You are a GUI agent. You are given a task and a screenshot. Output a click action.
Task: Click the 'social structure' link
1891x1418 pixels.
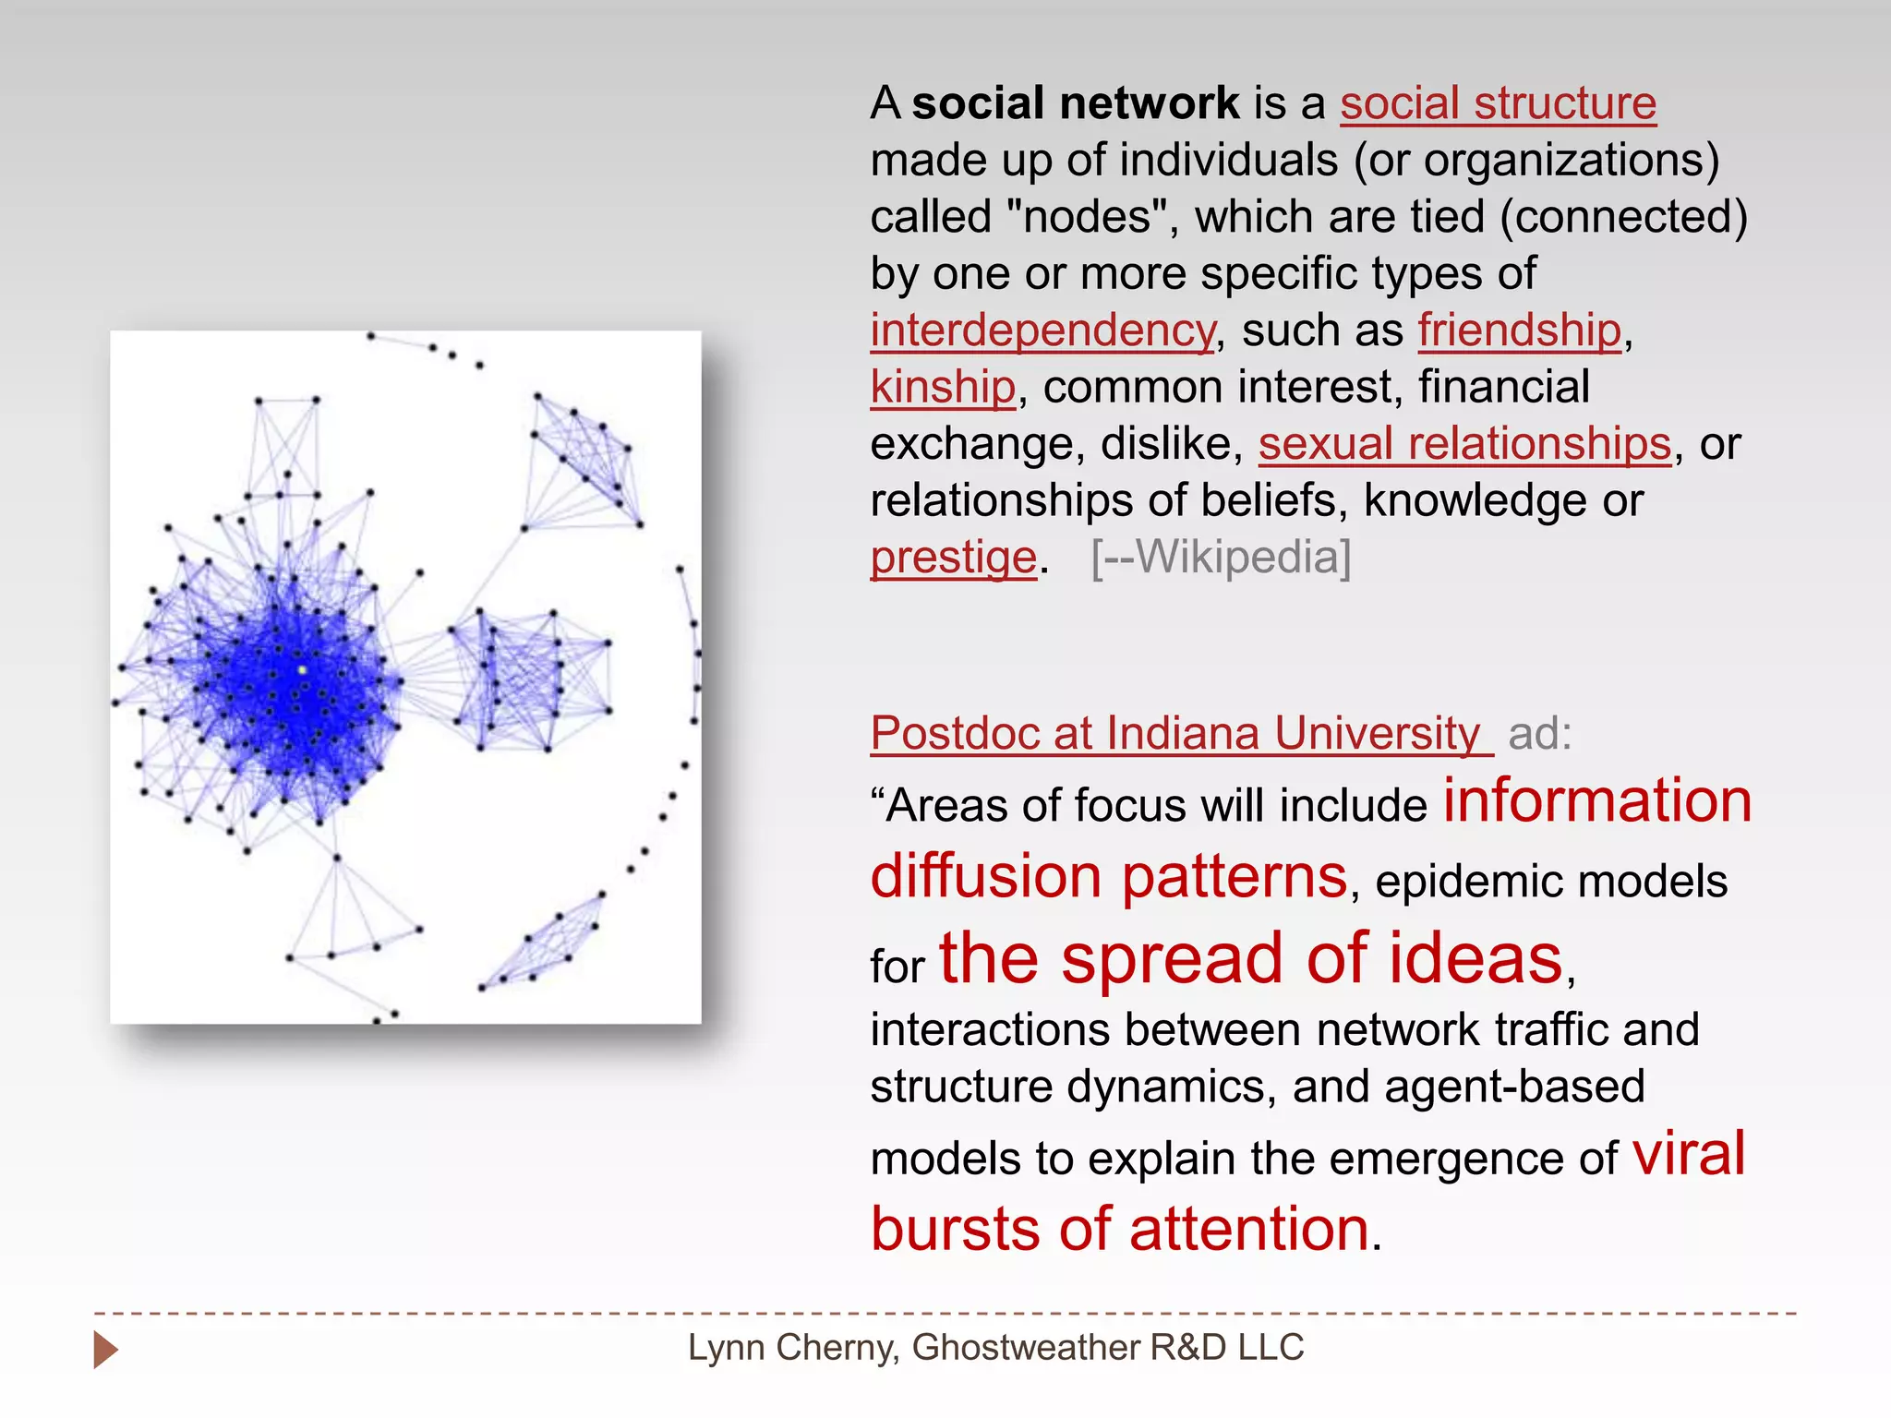click(x=1498, y=103)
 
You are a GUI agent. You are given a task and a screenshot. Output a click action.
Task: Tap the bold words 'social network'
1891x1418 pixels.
click(x=1076, y=103)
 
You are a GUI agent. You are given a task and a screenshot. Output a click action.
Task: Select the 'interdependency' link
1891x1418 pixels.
click(x=1042, y=330)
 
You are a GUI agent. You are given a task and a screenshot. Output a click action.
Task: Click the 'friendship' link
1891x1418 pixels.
click(x=1520, y=330)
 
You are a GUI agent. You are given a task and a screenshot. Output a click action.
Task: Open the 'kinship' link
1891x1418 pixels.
click(x=943, y=388)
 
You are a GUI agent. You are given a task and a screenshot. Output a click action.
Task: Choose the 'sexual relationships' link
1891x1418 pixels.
click(x=1464, y=444)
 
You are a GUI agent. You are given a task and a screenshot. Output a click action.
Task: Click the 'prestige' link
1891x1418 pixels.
click(x=954, y=558)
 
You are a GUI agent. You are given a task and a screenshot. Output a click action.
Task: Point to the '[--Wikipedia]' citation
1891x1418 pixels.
click(x=1221, y=558)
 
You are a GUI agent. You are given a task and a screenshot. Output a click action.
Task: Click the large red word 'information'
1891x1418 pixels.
click(x=1597, y=800)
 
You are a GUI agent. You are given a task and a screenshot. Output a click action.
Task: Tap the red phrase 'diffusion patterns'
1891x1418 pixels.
click(x=1108, y=876)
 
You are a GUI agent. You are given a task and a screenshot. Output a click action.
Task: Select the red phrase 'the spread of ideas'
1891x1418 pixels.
click(x=1251, y=959)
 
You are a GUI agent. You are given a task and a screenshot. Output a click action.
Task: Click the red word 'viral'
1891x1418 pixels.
click(x=1689, y=1153)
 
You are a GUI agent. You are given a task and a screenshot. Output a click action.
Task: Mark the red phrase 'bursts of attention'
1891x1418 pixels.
click(x=1120, y=1230)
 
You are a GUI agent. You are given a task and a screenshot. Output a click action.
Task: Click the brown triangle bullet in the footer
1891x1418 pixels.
click(x=105, y=1350)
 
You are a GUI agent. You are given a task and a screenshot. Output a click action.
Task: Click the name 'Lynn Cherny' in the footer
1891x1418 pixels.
click(x=791, y=1348)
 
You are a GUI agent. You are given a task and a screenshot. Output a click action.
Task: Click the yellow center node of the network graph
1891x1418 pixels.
click(x=302, y=670)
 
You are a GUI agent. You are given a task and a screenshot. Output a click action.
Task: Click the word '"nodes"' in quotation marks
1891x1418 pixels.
click(x=1088, y=218)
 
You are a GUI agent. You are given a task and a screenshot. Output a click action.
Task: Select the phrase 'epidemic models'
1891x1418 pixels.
click(x=1551, y=882)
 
